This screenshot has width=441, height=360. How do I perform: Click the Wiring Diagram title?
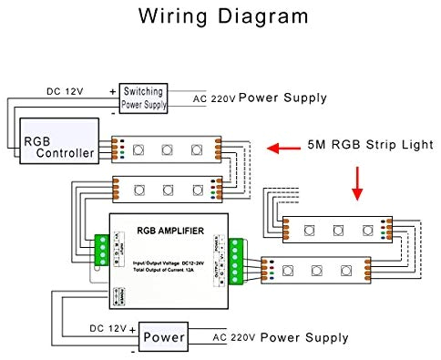tap(224, 16)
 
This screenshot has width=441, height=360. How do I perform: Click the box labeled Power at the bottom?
tap(164, 337)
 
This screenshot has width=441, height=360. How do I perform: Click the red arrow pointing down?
tap(356, 182)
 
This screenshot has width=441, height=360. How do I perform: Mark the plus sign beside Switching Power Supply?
tap(113, 91)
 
